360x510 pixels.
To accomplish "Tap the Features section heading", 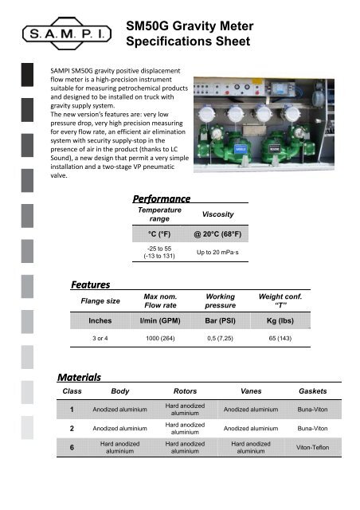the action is pyautogui.click(x=90, y=284).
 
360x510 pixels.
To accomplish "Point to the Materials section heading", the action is pyautogui.click(x=79, y=376).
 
